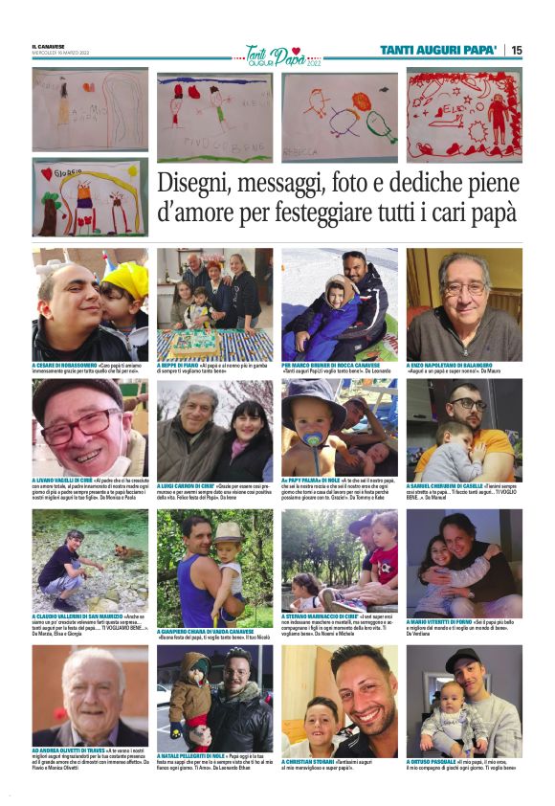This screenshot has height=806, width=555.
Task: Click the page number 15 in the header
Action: (x=517, y=50)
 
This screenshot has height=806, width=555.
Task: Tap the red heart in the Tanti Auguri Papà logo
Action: (x=297, y=50)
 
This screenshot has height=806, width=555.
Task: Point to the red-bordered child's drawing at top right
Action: (x=464, y=114)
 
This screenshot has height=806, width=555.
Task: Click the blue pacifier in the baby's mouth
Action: (x=314, y=440)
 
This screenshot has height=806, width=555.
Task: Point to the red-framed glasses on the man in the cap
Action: (x=81, y=424)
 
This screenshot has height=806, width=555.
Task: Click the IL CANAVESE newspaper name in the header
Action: (x=47, y=47)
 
